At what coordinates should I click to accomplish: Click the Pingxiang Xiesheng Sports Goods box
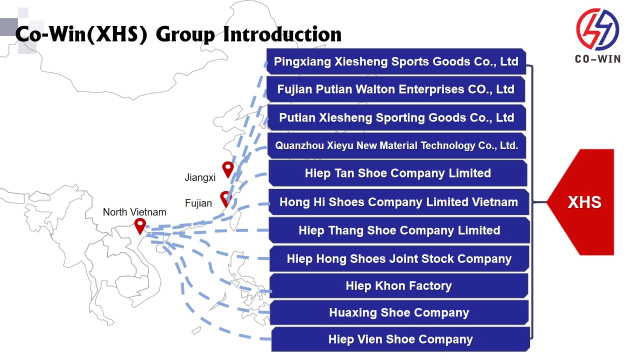pos(396,61)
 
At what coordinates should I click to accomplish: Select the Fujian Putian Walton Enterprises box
pos(396,89)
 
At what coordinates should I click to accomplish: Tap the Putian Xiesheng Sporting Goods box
pos(396,117)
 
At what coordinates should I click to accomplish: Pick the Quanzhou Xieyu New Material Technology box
pos(396,145)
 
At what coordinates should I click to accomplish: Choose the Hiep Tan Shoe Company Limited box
pos(397,173)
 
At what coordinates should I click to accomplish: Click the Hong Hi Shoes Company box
pos(398,202)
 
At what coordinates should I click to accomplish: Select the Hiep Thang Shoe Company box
pos(399,230)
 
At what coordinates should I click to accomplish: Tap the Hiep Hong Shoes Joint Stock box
pos(399,258)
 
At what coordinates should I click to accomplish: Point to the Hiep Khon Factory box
pos(399,286)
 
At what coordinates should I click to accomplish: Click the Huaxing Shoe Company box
pos(399,312)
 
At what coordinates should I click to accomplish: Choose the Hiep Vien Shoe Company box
pos(400,339)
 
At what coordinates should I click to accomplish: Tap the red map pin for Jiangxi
pos(228,169)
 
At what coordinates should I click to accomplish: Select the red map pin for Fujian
pos(226,198)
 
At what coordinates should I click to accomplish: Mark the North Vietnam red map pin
pos(140,225)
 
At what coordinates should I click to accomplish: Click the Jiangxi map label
pos(200,177)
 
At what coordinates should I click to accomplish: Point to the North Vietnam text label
pos(134,212)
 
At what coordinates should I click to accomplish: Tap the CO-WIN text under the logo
pos(597,59)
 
